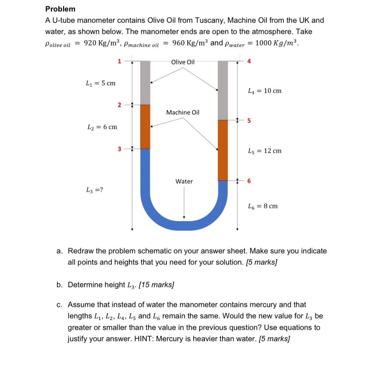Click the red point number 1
[x=119, y=61]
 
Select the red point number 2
[x=119, y=105]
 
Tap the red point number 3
[x=119, y=148]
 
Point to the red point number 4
[x=249, y=61]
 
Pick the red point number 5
[x=249, y=121]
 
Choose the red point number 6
[x=249, y=181]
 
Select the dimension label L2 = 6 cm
[x=102, y=127]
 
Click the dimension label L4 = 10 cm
[x=264, y=91]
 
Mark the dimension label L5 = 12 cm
[x=264, y=151]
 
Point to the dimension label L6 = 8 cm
[x=262, y=206]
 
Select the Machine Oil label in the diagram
[x=183, y=112]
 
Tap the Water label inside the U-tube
[x=184, y=181]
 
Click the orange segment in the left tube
[x=145, y=127]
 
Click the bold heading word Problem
[x=60, y=9]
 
